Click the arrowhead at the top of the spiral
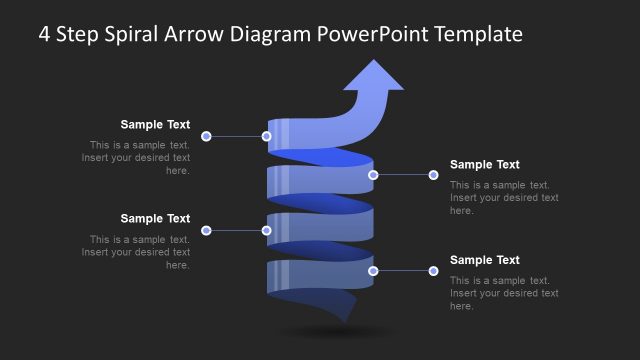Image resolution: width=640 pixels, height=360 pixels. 375,77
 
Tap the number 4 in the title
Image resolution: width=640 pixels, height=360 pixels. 45,34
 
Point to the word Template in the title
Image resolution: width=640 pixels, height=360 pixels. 478,34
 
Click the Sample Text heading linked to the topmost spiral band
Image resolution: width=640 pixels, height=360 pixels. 155,125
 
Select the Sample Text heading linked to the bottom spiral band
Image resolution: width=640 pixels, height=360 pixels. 485,260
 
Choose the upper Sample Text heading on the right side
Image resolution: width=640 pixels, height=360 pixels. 485,165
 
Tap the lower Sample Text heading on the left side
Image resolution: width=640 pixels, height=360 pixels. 155,219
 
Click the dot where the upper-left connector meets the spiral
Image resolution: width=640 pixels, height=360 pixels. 267,136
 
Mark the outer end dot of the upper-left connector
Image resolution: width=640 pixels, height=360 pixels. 206,136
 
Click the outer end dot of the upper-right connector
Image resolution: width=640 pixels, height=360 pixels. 433,175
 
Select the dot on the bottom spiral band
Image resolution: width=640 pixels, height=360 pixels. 373,270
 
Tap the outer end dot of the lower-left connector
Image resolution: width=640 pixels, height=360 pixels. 206,230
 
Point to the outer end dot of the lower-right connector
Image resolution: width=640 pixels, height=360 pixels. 433,270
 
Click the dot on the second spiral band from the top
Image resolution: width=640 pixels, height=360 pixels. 373,175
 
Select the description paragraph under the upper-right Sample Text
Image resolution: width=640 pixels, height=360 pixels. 504,198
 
